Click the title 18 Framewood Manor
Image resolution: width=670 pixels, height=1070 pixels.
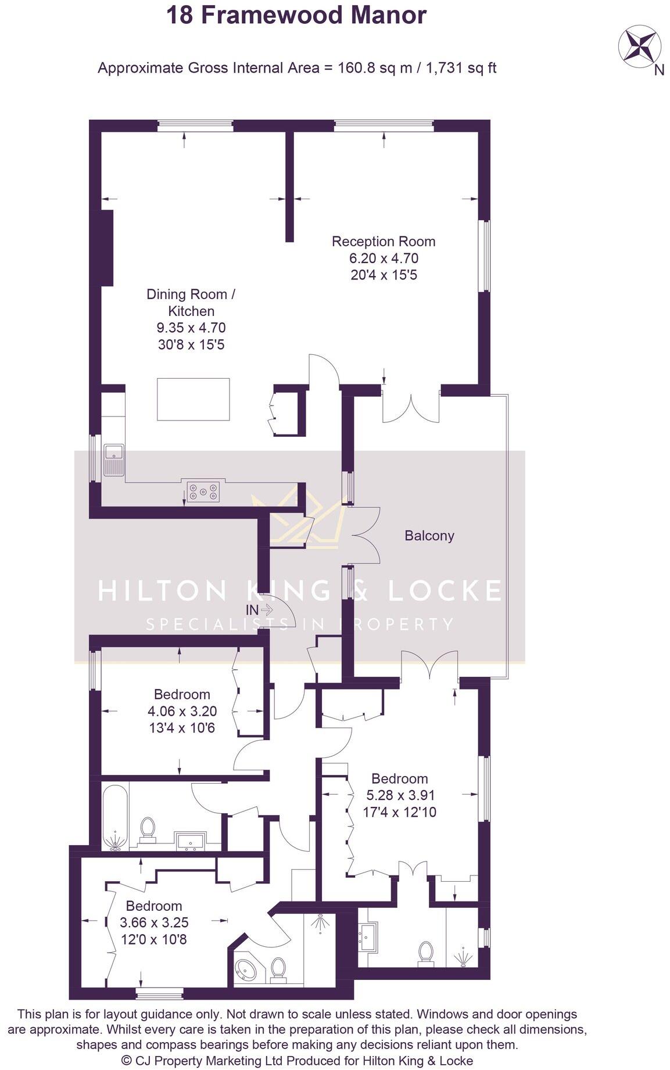(x=296, y=16)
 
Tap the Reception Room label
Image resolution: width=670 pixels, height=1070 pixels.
(x=384, y=241)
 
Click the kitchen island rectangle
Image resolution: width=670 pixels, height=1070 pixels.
(x=194, y=399)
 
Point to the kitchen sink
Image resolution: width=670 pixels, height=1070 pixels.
(x=114, y=459)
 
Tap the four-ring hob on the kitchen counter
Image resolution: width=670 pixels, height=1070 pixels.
(x=203, y=491)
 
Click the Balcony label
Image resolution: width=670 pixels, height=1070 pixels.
(x=429, y=536)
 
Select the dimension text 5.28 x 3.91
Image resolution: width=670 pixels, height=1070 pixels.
(x=400, y=795)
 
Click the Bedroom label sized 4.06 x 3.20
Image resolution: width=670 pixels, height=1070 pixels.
(x=182, y=694)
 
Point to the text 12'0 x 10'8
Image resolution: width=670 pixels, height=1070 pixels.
(x=153, y=939)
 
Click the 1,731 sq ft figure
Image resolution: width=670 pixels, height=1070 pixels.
(x=461, y=68)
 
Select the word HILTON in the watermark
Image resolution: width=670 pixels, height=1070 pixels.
(x=163, y=591)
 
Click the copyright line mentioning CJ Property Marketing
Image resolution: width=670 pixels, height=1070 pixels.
(x=298, y=1061)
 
